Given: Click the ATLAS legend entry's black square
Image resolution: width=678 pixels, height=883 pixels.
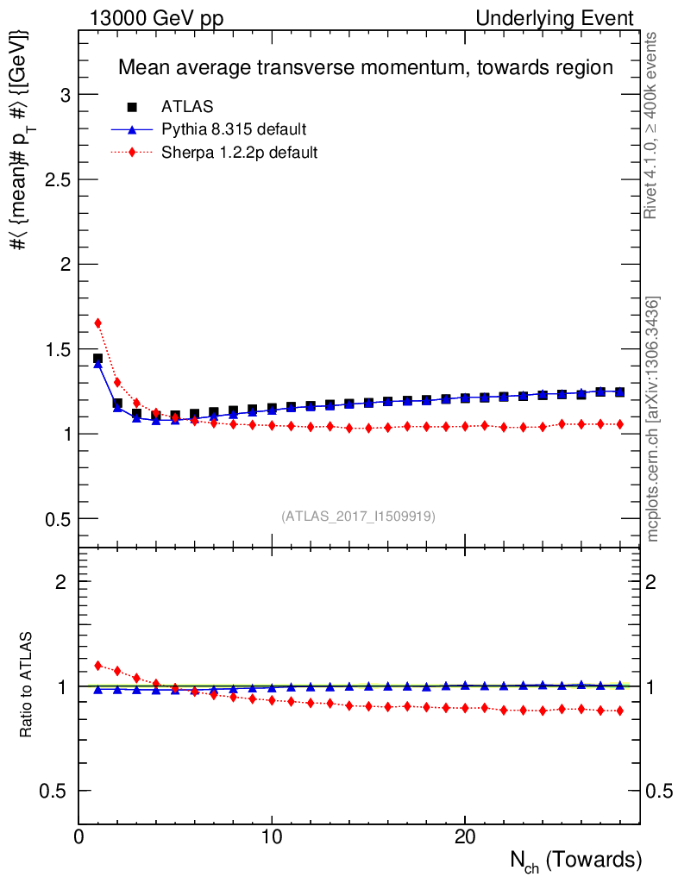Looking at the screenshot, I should [132, 107].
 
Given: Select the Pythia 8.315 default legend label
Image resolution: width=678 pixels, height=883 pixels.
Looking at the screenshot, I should [234, 130].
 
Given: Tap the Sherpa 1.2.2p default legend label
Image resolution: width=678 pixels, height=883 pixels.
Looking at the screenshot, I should [240, 153].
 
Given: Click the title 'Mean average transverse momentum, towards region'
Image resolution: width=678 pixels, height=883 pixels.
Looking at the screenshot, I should [365, 67].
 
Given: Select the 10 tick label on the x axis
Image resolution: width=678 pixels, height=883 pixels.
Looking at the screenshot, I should [272, 837].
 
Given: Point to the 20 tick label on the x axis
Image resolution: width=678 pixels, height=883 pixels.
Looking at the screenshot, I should [465, 837].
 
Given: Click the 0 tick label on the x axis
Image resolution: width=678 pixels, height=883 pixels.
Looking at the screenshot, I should [79, 837].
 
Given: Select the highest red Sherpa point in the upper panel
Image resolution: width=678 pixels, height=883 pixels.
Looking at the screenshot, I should [97, 323].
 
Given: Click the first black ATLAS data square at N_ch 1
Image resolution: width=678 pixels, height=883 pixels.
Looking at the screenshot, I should [97, 358].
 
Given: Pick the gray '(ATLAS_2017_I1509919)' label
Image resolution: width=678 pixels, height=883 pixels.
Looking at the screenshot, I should [358, 517].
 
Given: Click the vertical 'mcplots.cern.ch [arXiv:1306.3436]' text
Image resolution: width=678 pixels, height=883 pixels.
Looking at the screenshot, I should [653, 419].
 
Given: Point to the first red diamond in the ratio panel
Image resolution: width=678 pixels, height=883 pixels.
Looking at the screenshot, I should [97, 666].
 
